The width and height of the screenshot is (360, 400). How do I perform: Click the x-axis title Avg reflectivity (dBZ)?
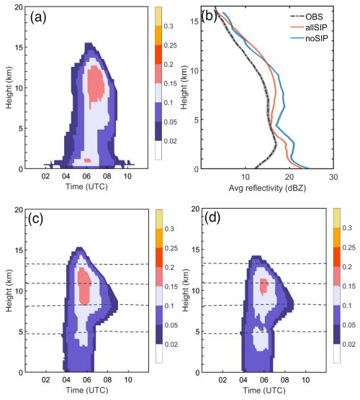(274, 190)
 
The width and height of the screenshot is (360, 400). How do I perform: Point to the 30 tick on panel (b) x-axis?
(333, 177)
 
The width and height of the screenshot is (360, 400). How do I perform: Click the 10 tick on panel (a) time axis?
(127, 177)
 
